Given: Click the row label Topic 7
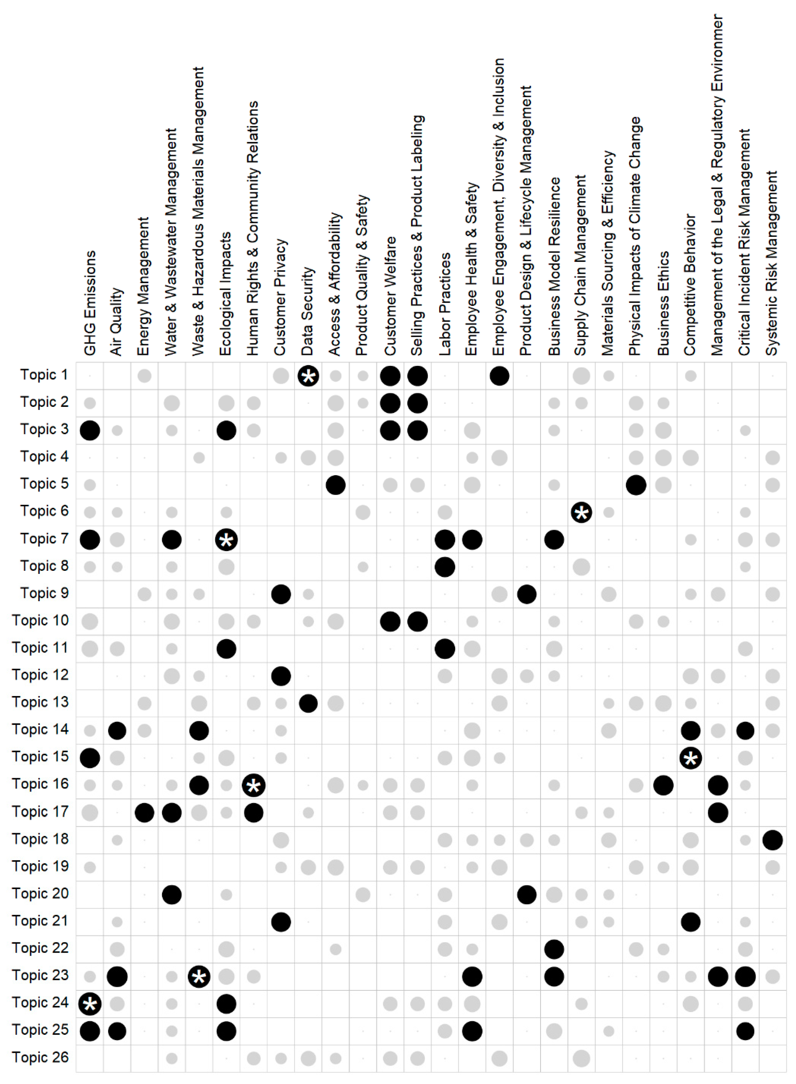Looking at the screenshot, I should [44, 539].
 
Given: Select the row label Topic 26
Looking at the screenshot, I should [41, 1058].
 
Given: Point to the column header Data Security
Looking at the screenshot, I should [308, 311].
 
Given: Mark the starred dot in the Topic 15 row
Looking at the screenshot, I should [691, 758].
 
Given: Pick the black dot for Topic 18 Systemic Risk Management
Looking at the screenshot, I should [772, 840].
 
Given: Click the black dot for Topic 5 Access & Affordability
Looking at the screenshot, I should [335, 485].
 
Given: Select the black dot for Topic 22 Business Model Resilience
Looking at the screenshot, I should [554, 949].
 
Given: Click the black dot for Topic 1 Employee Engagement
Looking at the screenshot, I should [499, 376].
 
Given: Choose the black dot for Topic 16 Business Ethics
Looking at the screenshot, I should [663, 785].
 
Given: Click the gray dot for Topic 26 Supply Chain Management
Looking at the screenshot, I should [581, 1058].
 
